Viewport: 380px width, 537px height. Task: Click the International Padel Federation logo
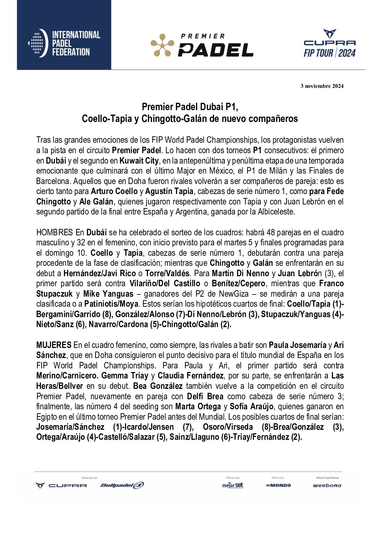point(64,44)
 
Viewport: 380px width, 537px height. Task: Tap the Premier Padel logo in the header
point(201,46)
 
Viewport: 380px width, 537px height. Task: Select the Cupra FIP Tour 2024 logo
point(329,44)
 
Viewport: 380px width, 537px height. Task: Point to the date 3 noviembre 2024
point(322,86)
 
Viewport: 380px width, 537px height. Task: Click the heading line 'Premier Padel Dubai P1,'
point(190,107)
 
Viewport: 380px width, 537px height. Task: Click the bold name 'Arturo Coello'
point(114,191)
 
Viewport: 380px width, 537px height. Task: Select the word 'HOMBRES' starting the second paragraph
point(55,232)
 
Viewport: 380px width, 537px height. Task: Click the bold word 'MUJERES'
point(54,345)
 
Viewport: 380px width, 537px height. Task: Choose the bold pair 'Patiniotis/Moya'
point(111,304)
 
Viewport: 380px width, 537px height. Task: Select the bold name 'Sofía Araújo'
point(252,407)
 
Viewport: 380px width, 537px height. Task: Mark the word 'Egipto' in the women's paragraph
point(47,417)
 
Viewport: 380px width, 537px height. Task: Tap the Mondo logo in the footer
point(278,485)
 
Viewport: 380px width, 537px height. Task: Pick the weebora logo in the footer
point(327,485)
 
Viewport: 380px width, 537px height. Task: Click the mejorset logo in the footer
point(232,485)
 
